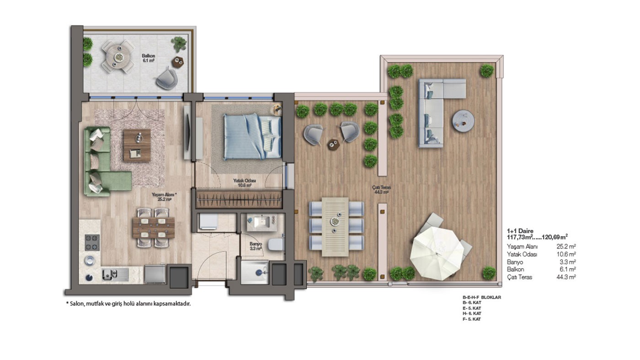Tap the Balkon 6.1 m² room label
(148, 58)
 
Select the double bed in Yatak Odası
(252, 137)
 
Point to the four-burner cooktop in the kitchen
(92, 243)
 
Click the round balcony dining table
(118, 57)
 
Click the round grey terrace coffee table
(463, 121)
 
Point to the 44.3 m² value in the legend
(566, 277)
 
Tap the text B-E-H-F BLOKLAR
(482, 297)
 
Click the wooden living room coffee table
(137, 145)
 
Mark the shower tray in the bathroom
(255, 272)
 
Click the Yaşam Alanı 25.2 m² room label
(164, 197)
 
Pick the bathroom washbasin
(261, 223)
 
